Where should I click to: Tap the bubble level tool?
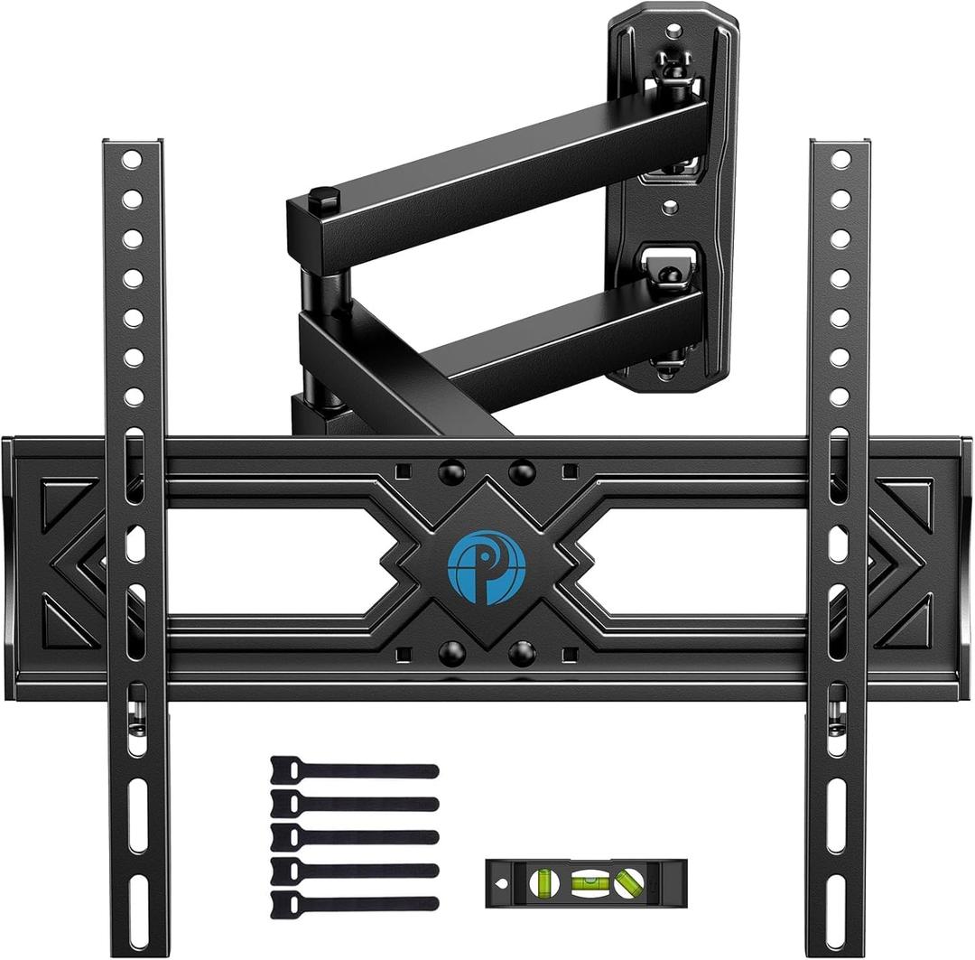tap(585, 882)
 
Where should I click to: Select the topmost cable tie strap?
tap(354, 769)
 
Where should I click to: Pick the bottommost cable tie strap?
tap(354, 902)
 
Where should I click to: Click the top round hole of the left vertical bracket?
tap(133, 159)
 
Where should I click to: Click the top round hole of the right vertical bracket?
tap(840, 159)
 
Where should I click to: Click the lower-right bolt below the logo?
tap(521, 653)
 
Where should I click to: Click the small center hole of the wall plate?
tap(670, 207)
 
